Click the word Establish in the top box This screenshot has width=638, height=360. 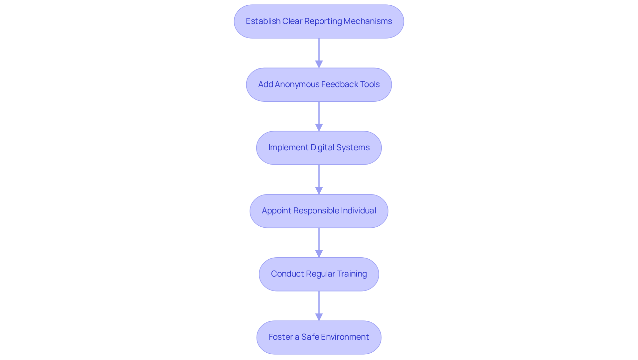[263, 21]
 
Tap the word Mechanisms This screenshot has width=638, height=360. [368, 21]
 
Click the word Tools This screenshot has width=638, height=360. [370, 84]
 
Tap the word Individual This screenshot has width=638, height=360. [358, 211]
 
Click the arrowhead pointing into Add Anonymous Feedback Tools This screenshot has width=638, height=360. [319, 64]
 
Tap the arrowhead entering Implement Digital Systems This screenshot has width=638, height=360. [319, 127]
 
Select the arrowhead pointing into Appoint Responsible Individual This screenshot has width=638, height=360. [319, 190]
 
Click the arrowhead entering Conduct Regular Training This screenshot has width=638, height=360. [319, 254]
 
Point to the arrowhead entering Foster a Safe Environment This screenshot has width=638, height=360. [319, 317]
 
